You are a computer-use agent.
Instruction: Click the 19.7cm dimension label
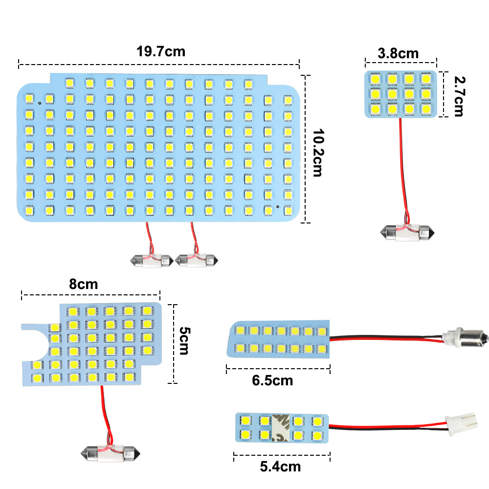point(161,51)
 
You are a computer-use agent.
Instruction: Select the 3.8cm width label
point(398,53)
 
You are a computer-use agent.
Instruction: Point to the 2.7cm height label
point(458,96)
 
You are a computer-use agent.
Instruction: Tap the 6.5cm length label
point(272,380)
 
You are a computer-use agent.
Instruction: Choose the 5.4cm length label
point(280,467)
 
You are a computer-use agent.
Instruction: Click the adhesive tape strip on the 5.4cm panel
point(281,426)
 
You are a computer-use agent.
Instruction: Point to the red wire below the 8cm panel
point(104,411)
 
